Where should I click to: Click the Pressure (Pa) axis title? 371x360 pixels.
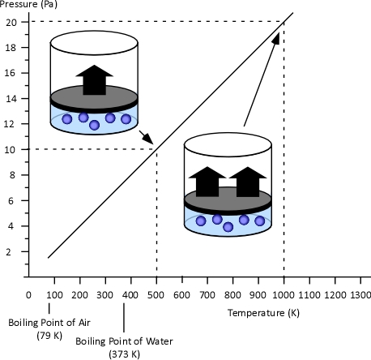coord(28,4)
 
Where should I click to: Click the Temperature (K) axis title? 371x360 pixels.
coord(263,313)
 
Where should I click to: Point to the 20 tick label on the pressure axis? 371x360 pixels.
coord(11,23)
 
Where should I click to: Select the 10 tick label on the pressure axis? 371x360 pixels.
coord(10,149)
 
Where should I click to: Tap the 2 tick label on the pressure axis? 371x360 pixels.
coord(9,252)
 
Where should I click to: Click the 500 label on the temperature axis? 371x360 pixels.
coord(156,295)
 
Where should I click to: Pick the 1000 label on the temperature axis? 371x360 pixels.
coord(284,295)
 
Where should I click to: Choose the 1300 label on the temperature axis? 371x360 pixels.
coord(360,295)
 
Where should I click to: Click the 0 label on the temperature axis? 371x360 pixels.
coord(28,295)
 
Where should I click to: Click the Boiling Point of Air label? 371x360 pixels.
coord(49,323)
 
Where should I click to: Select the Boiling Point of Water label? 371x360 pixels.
coord(124,341)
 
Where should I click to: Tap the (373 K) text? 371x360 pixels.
coord(125,354)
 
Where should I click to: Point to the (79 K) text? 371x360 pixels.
coord(49,336)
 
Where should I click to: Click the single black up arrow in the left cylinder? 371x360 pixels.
coord(94,80)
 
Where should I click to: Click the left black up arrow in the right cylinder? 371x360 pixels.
coord(207,182)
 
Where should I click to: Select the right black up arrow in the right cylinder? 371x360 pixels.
coord(248,182)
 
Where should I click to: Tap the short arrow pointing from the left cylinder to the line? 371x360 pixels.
coord(146,138)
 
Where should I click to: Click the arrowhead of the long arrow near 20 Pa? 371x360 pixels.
coord(275,38)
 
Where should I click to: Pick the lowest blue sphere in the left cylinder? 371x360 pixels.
coord(94,125)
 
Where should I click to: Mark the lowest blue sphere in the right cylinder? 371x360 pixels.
coord(228,227)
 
